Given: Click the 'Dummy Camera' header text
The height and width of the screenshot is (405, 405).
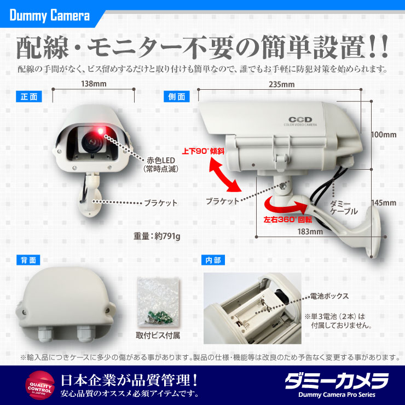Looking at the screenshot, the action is [x=50, y=15].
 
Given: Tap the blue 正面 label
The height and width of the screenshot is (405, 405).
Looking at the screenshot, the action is [x=29, y=97].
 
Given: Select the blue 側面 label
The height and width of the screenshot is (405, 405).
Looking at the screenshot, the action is [x=177, y=97].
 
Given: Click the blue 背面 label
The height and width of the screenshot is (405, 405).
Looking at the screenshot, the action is [x=28, y=260].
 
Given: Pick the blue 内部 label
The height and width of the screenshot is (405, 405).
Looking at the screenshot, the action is [x=213, y=260].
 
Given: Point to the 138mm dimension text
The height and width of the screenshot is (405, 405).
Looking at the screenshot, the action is [x=94, y=84].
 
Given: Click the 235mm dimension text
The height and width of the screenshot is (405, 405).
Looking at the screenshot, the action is [x=281, y=84].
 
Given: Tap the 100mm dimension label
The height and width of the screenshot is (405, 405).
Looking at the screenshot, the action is [x=384, y=135].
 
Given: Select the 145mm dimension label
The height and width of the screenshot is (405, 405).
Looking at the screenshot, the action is [x=384, y=202].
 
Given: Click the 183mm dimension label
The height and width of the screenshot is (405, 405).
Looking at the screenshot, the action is [x=310, y=232].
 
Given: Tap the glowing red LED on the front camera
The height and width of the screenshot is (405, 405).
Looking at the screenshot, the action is [x=100, y=131].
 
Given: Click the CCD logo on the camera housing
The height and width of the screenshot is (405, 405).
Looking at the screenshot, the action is [x=300, y=120].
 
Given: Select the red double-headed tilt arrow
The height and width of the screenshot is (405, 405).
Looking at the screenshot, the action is [x=225, y=175].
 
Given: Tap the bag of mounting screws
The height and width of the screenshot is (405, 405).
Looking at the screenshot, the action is [x=158, y=303].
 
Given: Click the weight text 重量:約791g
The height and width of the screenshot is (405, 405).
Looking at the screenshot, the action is [x=157, y=236].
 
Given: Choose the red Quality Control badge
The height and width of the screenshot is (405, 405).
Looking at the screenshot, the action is [x=40, y=385].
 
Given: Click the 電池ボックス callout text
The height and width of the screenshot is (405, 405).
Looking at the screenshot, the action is [x=329, y=296].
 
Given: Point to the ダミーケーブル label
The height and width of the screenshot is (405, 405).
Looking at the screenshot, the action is [x=344, y=207].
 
